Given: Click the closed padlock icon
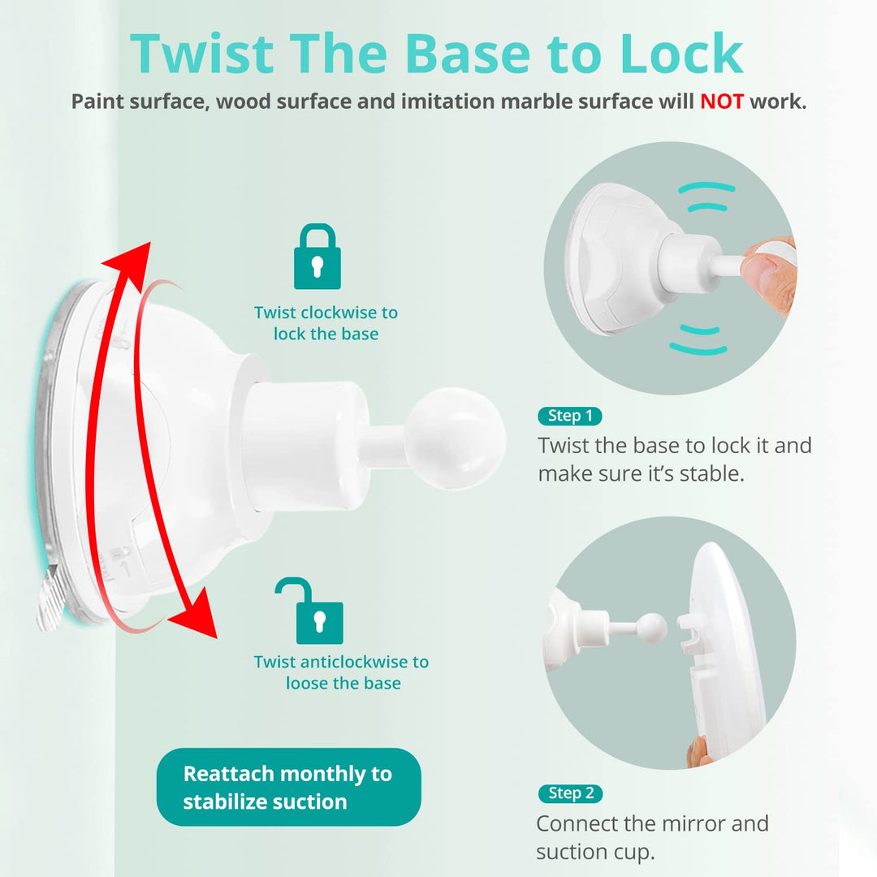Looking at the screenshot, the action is click(318, 257).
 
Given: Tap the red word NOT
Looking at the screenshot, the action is click(722, 102).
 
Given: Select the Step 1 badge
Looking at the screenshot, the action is click(570, 416).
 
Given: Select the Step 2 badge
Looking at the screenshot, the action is click(571, 793).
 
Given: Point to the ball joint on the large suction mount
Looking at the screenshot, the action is click(454, 438).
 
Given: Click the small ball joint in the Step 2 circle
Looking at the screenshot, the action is click(651, 627).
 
